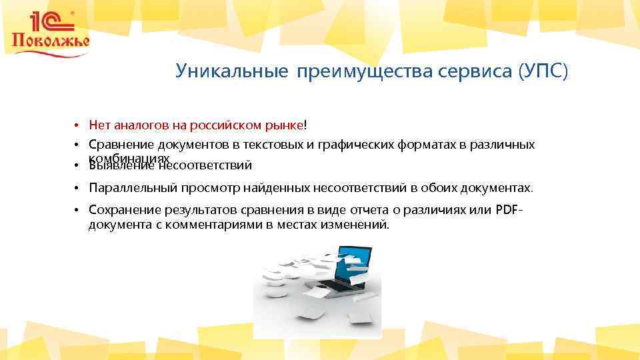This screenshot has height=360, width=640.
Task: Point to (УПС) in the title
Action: click(543, 71)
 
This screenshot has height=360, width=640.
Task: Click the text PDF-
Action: click(510, 211)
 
